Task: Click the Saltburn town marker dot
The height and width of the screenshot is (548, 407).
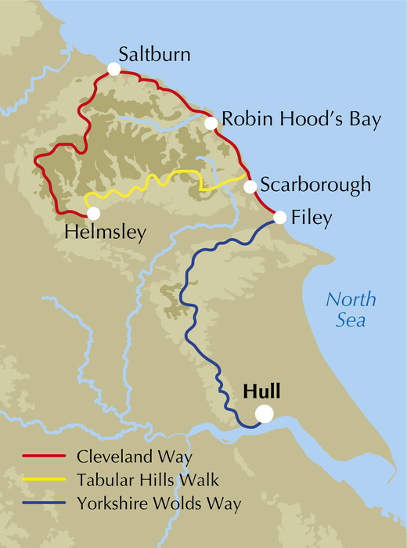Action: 114,70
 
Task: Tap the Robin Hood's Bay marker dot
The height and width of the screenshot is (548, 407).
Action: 211,123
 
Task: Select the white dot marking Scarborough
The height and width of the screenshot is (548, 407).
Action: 250,186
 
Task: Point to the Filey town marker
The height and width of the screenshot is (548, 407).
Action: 279,217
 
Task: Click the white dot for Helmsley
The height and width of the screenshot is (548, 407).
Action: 94,212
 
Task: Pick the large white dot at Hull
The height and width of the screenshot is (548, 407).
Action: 265,414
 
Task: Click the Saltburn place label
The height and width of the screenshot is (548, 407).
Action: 154,54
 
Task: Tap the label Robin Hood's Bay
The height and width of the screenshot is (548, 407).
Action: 301,120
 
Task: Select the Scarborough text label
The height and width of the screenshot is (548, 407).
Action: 315,186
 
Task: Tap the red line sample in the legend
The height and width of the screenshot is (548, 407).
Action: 45,455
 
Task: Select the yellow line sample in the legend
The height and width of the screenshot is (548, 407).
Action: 45,478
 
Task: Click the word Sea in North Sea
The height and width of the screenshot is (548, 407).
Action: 351,321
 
